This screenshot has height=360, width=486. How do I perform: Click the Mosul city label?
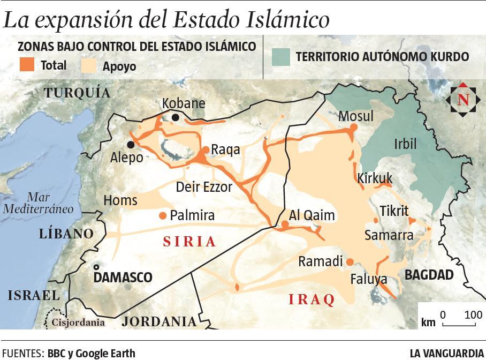(356, 116)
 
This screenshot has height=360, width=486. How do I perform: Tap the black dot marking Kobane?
(176, 117)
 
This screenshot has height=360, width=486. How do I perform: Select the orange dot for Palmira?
(163, 215)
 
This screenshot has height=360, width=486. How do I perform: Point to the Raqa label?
(225, 150)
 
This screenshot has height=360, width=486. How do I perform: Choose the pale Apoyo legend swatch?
(88, 65)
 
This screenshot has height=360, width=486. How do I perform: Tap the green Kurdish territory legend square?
(280, 56)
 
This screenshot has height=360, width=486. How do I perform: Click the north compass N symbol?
(463, 100)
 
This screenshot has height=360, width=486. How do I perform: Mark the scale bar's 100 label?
(473, 314)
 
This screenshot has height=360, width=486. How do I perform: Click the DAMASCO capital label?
(123, 277)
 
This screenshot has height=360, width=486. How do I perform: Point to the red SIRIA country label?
(189, 242)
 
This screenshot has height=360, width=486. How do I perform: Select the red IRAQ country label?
(312, 299)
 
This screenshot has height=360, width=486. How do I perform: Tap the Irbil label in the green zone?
(405, 144)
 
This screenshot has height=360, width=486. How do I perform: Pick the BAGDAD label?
(429, 275)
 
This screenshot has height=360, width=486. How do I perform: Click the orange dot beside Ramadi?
(350, 262)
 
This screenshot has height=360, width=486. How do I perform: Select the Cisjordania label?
(78, 322)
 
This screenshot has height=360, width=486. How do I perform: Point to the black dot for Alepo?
(130, 145)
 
